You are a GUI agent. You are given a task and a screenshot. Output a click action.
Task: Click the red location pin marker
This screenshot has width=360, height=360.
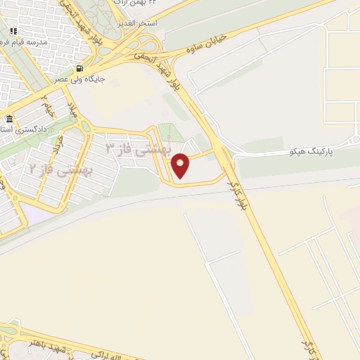coord(181,166)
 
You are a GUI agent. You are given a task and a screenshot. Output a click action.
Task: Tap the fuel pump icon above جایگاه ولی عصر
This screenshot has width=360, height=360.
coord(79,69)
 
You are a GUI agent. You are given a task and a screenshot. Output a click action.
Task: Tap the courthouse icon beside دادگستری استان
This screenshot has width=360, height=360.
coord(8,120)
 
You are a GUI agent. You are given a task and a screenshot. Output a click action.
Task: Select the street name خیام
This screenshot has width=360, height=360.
coord(48,105)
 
